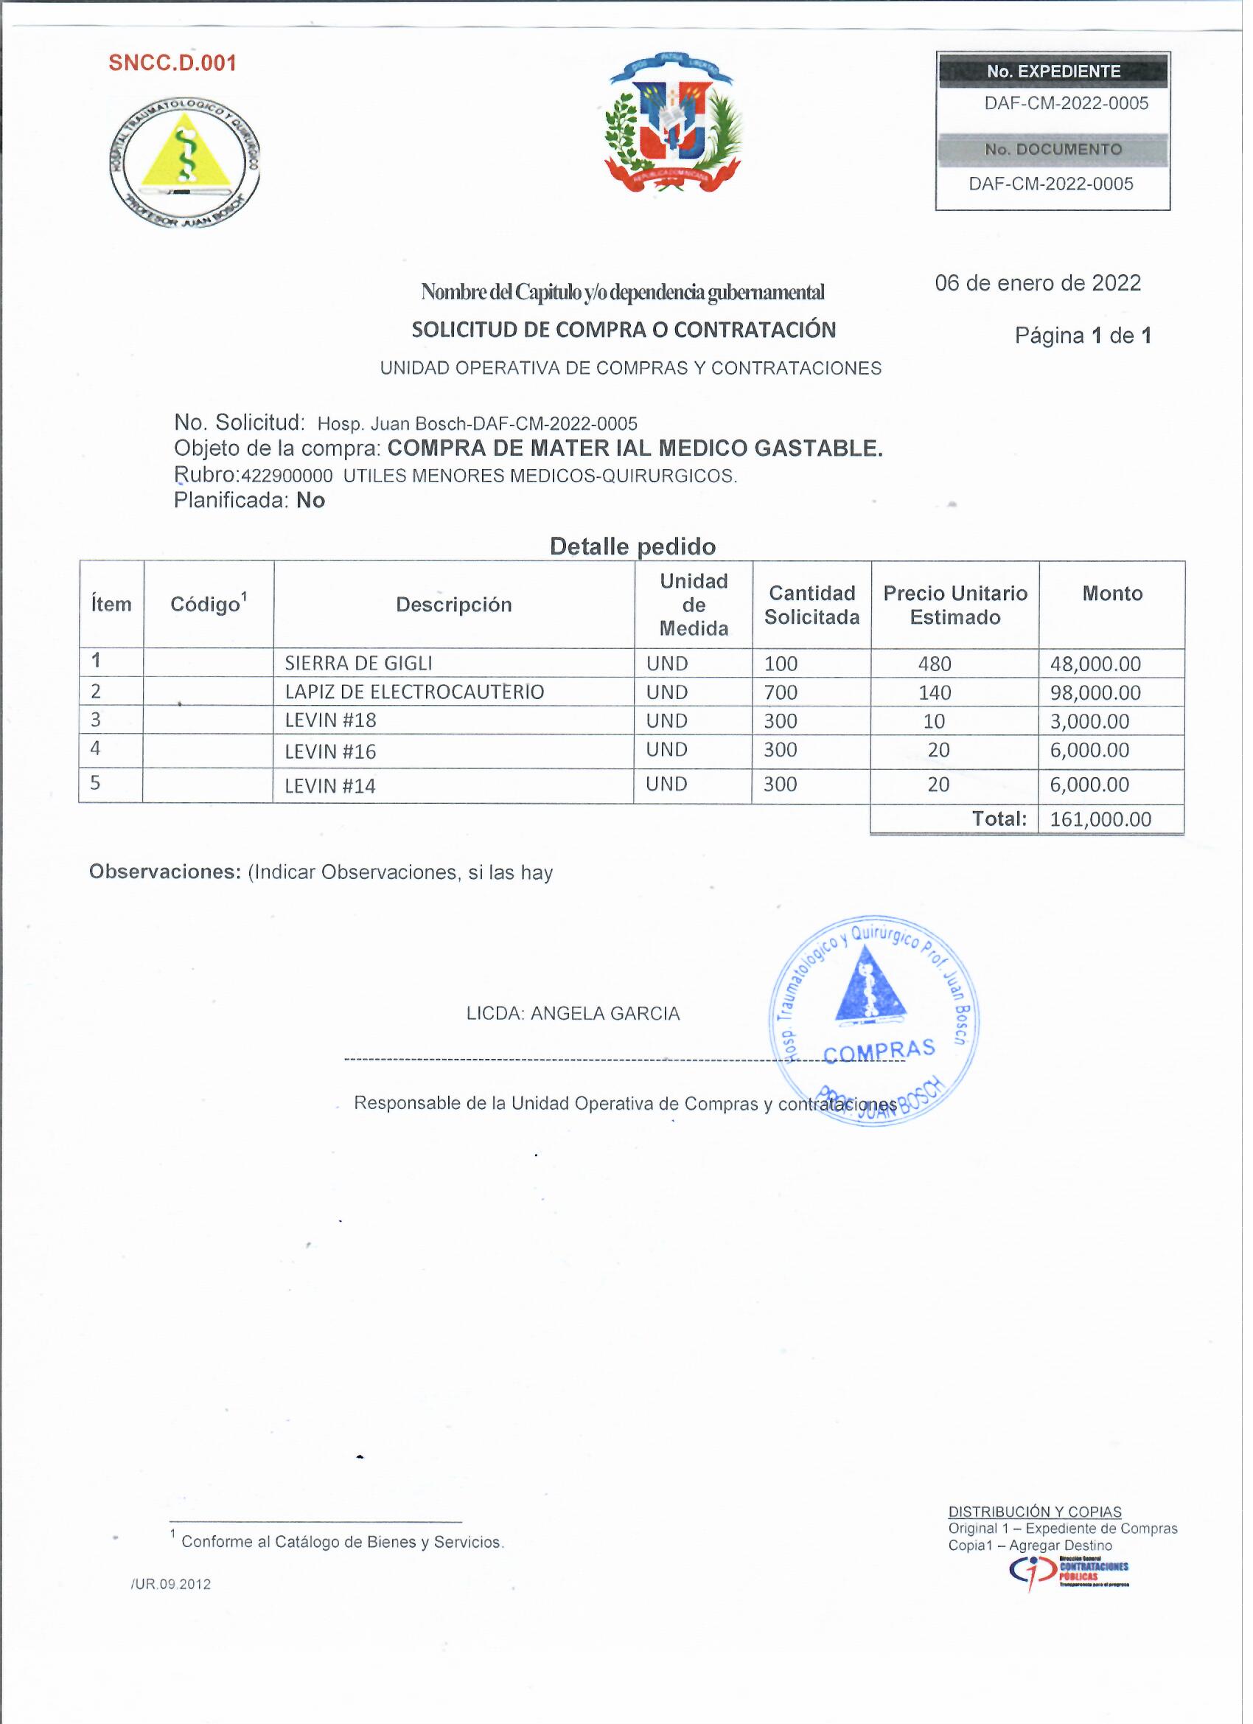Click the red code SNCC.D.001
tap(172, 63)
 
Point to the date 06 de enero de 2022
tap(1045, 285)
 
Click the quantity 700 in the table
tap(786, 696)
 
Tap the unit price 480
tap(940, 667)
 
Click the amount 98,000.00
tap(1102, 696)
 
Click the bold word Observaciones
tap(166, 877)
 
